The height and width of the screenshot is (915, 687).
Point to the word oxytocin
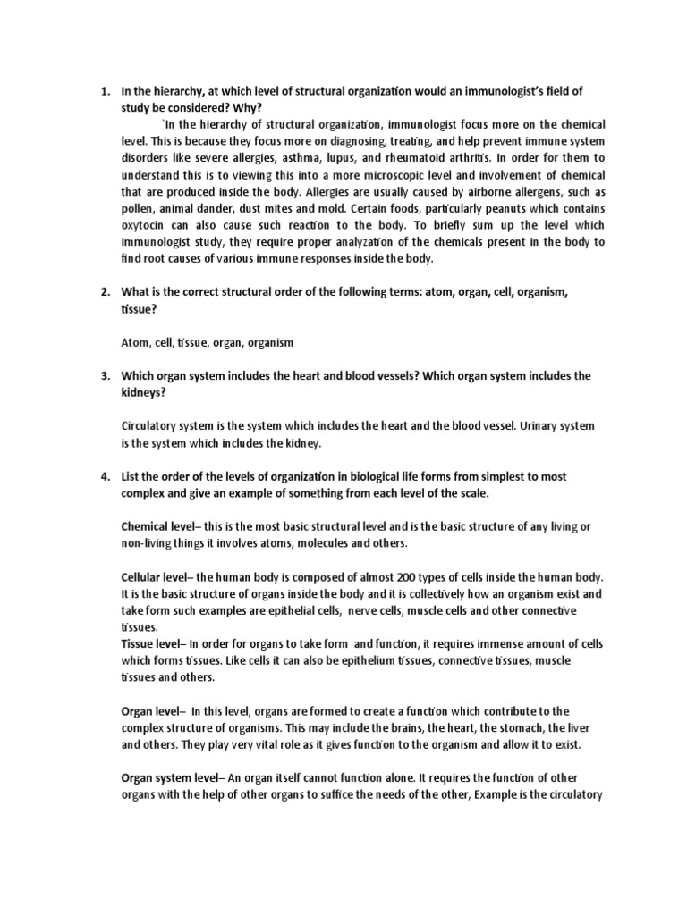145,225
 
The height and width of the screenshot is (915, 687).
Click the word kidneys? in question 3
144,392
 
